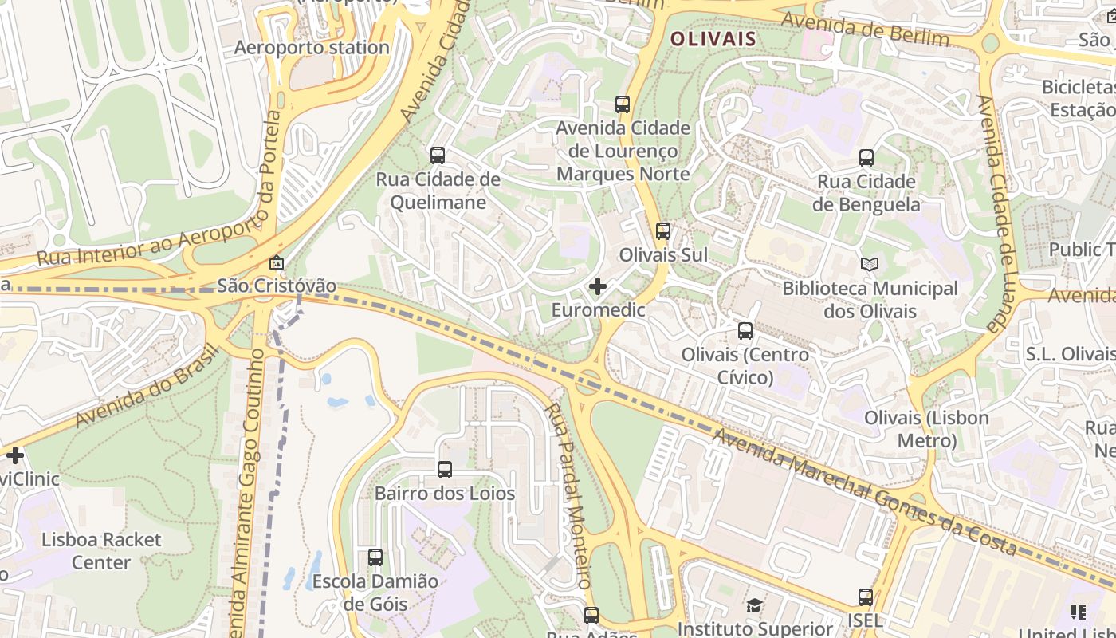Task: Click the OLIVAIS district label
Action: click(x=713, y=38)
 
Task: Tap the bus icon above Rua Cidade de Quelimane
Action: click(x=438, y=156)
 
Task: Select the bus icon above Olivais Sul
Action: click(x=662, y=231)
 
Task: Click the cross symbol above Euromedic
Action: click(x=598, y=286)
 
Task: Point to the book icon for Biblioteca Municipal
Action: click(x=870, y=264)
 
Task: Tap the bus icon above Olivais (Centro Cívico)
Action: click(x=745, y=330)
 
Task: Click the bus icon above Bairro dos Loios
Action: click(x=445, y=470)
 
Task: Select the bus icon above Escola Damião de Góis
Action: click(x=375, y=557)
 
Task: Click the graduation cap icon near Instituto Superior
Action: click(x=754, y=606)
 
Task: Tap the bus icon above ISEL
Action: click(x=865, y=597)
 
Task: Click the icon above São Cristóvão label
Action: click(x=276, y=262)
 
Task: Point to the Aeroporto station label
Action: click(x=312, y=48)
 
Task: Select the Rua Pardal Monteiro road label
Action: click(x=569, y=494)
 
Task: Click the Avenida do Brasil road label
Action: click(x=147, y=386)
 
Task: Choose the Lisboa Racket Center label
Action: click(x=101, y=551)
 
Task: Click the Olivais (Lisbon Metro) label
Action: click(x=926, y=429)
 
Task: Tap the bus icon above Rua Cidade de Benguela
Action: click(x=866, y=158)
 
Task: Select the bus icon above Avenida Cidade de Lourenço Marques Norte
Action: click(x=623, y=104)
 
